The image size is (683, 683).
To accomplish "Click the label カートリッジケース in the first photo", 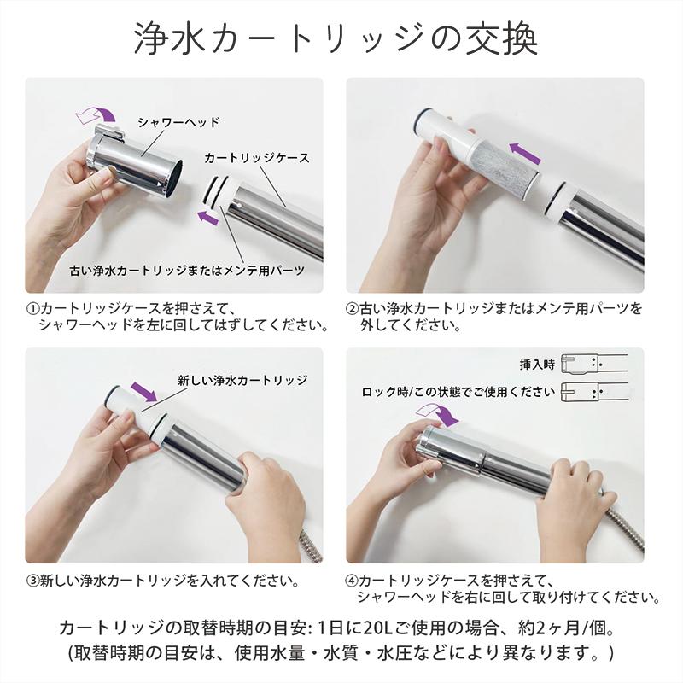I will point(257,159).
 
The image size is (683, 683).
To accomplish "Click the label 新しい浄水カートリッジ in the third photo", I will point(242,380).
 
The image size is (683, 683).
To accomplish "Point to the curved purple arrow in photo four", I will point(437,414).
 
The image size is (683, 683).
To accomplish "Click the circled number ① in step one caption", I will point(32,309).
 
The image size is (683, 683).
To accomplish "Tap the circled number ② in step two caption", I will point(351,309).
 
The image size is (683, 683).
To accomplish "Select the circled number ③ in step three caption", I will point(32,581).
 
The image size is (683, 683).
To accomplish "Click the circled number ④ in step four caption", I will point(351,581).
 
